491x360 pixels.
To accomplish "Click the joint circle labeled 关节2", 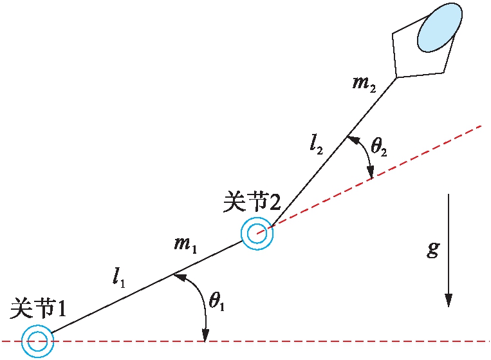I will [x=257, y=233].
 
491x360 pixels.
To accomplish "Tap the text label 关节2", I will [x=252, y=202].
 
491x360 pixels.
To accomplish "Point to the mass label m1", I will [x=185, y=244].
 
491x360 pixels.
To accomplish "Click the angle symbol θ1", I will [x=217, y=300].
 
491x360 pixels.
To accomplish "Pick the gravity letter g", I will [x=433, y=249].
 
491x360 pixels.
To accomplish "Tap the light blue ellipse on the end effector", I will [x=440, y=28].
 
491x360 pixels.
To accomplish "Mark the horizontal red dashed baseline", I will [x=322, y=341].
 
